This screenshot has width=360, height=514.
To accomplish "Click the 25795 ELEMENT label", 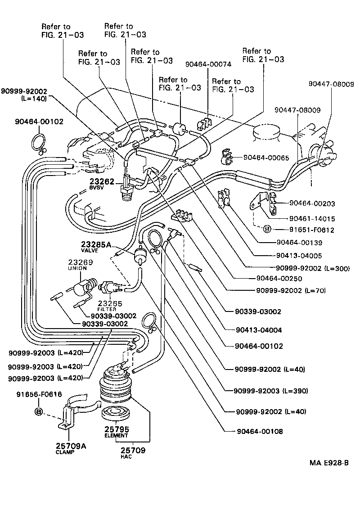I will click(117, 431).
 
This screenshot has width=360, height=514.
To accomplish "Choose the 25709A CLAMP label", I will click(71, 449).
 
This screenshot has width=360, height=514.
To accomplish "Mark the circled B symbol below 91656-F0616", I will click(39, 411).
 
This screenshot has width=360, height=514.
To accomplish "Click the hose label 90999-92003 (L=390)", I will click(272, 391).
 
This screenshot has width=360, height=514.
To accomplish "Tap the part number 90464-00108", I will click(259, 432).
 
